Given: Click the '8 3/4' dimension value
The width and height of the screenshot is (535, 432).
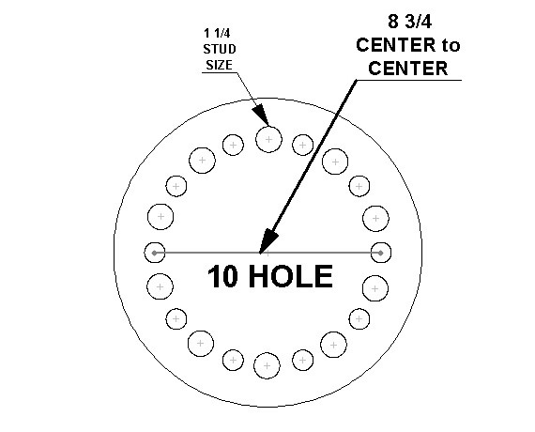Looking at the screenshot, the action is click(409, 22).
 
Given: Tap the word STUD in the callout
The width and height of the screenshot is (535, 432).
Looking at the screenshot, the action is click(220, 49).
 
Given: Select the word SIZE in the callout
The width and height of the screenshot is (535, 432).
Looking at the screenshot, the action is click(219, 65).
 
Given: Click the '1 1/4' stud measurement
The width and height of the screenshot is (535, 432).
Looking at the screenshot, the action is click(217, 34).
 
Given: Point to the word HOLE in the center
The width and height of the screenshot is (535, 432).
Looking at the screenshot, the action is click(291, 276).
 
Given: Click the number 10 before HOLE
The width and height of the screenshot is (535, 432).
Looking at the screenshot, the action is click(222, 276).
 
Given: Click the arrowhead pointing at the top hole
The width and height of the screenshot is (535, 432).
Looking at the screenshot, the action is click(260, 115).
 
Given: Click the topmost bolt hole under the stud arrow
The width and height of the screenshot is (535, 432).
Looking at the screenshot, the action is click(268, 139).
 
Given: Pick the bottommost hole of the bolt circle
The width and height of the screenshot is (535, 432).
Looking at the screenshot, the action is click(267, 365).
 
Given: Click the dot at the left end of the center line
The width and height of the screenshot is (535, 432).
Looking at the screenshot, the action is click(155, 253).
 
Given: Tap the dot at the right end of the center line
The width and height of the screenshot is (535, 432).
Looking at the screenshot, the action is click(381, 253).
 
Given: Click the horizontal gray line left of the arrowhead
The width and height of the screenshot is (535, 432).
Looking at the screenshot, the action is click(207, 253).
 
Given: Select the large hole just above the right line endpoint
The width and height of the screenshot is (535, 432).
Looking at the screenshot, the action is click(375, 219).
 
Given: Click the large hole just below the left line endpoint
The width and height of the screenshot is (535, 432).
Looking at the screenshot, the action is click(160, 286).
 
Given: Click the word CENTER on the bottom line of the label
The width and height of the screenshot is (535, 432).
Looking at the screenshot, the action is click(408, 69).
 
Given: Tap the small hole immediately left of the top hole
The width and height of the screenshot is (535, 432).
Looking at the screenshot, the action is click(233, 145).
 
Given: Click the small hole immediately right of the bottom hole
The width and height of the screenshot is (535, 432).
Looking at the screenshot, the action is click(302, 360).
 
